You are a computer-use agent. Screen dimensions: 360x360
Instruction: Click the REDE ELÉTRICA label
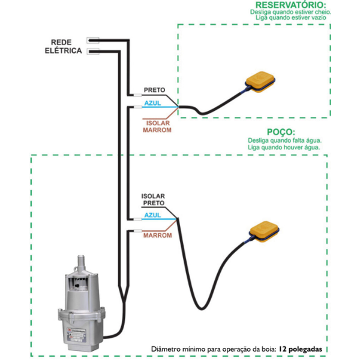pos(63,47)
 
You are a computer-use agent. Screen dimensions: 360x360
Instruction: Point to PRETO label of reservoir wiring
pos(155,91)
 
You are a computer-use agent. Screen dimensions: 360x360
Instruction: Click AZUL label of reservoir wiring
pos(153,103)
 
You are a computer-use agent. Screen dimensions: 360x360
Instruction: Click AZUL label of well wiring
pos(152,214)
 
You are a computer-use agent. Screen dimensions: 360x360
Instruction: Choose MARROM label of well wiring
pos(157,235)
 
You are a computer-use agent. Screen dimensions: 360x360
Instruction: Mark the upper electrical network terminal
pos(94,41)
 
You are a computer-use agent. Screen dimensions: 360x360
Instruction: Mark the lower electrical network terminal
pos(94,52)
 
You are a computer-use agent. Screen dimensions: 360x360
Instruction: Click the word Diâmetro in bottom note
pos(167,349)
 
